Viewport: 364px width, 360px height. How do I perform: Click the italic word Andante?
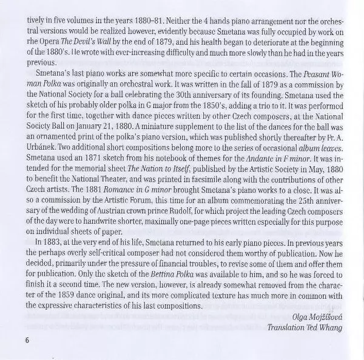(x=257, y=175)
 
